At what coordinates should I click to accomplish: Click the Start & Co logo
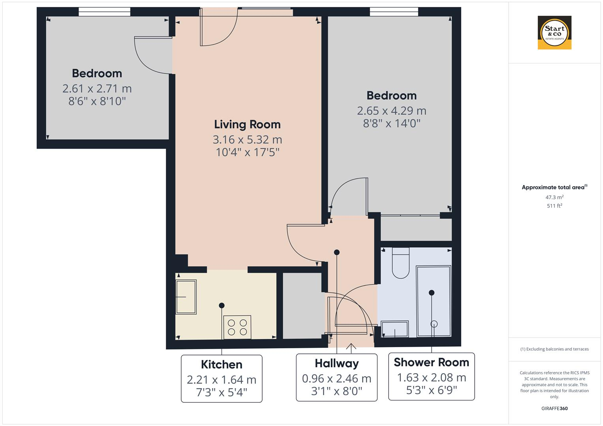[x=554, y=33]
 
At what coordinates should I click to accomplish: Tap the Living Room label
[x=247, y=124]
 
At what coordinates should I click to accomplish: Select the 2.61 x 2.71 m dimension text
[x=97, y=88]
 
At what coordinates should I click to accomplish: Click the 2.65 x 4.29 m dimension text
[x=391, y=110]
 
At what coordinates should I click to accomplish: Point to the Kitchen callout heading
[x=222, y=364]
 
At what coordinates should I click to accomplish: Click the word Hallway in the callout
[x=336, y=363]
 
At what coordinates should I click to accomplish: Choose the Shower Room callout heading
[x=431, y=362]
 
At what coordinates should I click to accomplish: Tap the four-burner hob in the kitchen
[x=237, y=327]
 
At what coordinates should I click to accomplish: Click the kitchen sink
[x=186, y=297]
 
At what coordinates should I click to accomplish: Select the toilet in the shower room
[x=401, y=264]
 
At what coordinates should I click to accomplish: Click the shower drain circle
[x=434, y=324]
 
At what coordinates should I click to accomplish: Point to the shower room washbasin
[x=395, y=329]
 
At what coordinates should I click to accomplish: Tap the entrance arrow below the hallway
[x=351, y=346]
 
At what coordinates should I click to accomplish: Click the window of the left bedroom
[x=104, y=12]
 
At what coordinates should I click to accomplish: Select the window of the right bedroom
[x=394, y=12]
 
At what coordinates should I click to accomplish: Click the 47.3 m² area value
[x=554, y=197]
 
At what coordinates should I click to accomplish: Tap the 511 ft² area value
[x=554, y=206]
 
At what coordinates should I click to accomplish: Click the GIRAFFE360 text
[x=554, y=408]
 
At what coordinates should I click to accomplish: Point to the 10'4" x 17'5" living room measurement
[x=247, y=152]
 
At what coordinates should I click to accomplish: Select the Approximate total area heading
[x=554, y=187]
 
